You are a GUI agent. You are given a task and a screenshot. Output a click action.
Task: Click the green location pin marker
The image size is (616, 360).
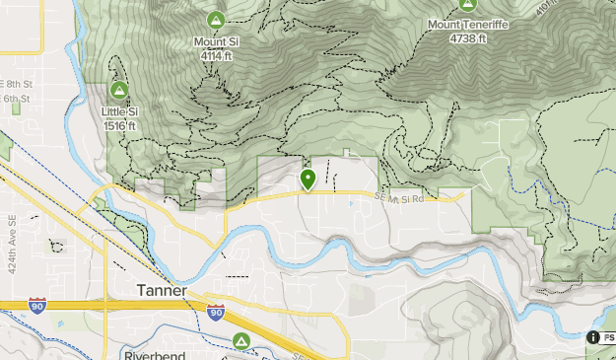coord(308,180)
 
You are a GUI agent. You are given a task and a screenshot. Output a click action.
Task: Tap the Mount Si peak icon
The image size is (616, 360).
coord(216,20)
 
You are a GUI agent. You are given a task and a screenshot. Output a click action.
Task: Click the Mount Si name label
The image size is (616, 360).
coord(216,42)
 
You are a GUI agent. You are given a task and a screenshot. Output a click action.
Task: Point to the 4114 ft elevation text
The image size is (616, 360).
coord(216,56)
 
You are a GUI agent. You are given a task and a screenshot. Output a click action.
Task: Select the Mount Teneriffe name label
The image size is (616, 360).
coord(468,24)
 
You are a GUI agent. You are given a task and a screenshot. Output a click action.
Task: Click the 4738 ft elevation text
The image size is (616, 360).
coord(468,38)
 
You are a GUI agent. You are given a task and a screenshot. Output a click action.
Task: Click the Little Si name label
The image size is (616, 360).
coord(119,112)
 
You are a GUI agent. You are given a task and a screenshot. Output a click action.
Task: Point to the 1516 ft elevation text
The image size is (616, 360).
coord(119,126)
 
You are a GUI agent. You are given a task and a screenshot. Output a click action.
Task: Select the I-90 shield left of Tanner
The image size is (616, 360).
coord(37,305)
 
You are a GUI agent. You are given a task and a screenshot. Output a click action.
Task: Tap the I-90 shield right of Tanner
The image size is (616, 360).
coord(216,313)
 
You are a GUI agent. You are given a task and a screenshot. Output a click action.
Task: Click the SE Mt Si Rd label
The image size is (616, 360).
coord(399,199)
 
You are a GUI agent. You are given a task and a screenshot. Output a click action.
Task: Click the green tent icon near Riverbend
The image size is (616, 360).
coord(240,341)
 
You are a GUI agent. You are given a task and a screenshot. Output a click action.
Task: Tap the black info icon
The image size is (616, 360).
coord(594,337)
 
